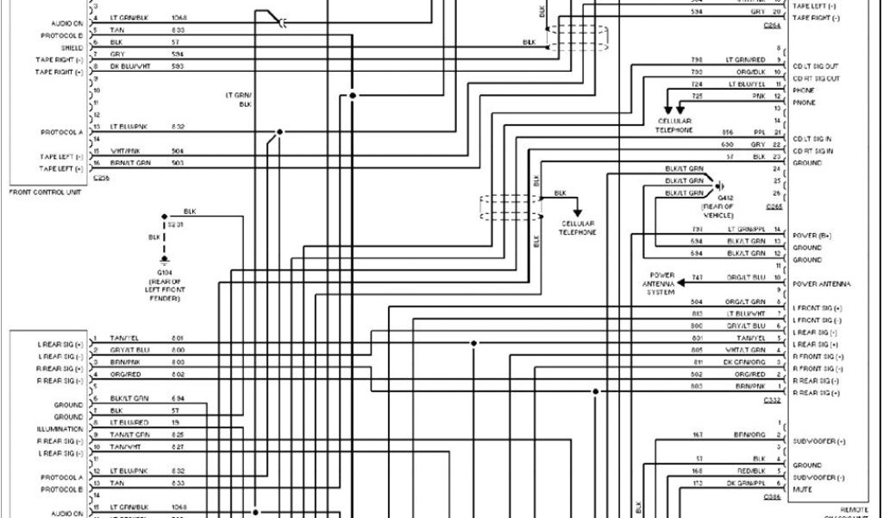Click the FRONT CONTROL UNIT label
[x=45, y=192]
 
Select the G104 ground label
[x=164, y=271]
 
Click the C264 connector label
[x=773, y=26]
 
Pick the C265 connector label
[x=773, y=207]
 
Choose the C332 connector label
[x=773, y=401]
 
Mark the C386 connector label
[x=773, y=498]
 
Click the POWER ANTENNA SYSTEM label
[x=662, y=283]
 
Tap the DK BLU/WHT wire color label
[x=130, y=66]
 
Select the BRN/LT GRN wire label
[x=130, y=162]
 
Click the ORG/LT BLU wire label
[x=747, y=277]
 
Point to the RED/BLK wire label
[x=747, y=471]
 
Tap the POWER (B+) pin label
[x=811, y=235]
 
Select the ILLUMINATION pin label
[x=59, y=429]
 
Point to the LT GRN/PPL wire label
[x=746, y=229]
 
